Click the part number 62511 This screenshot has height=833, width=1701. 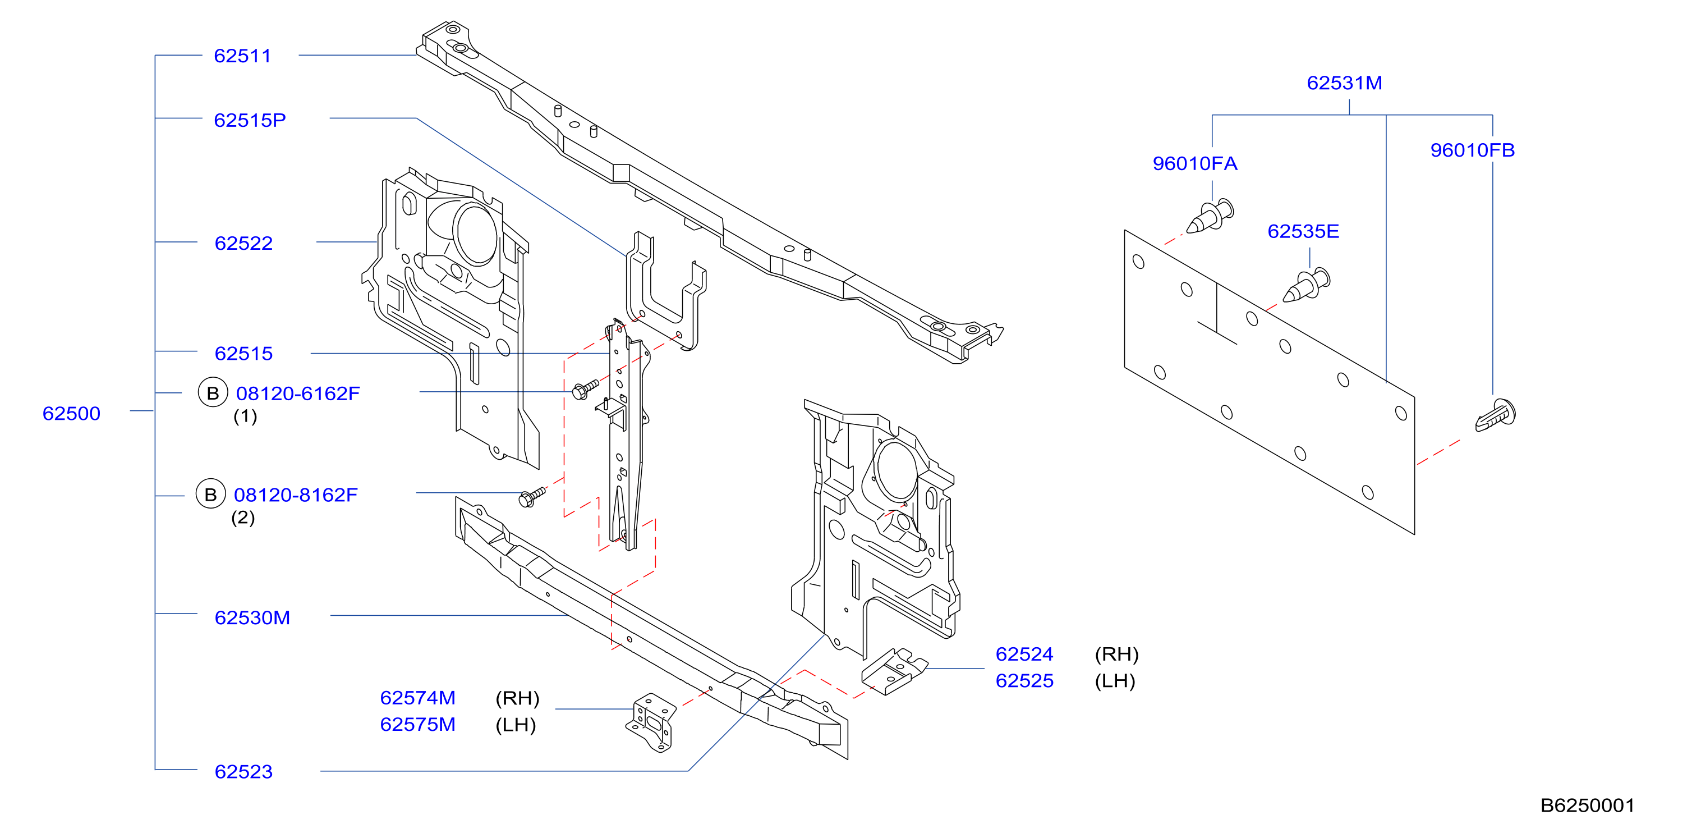pyautogui.click(x=242, y=56)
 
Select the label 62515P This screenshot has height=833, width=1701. pyautogui.click(x=250, y=120)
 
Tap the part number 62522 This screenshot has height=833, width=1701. pyautogui.click(x=243, y=243)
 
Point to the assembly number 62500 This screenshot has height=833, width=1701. pyautogui.click(x=71, y=414)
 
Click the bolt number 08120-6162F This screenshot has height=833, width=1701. pyautogui.click(x=298, y=393)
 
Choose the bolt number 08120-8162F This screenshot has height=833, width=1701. pyautogui.click(x=296, y=495)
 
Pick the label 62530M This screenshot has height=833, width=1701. pyautogui.click(x=252, y=617)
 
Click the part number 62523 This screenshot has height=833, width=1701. pyautogui.click(x=243, y=772)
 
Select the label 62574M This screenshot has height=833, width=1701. pyautogui.click(x=418, y=698)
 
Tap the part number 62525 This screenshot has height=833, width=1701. pyautogui.click(x=1025, y=680)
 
